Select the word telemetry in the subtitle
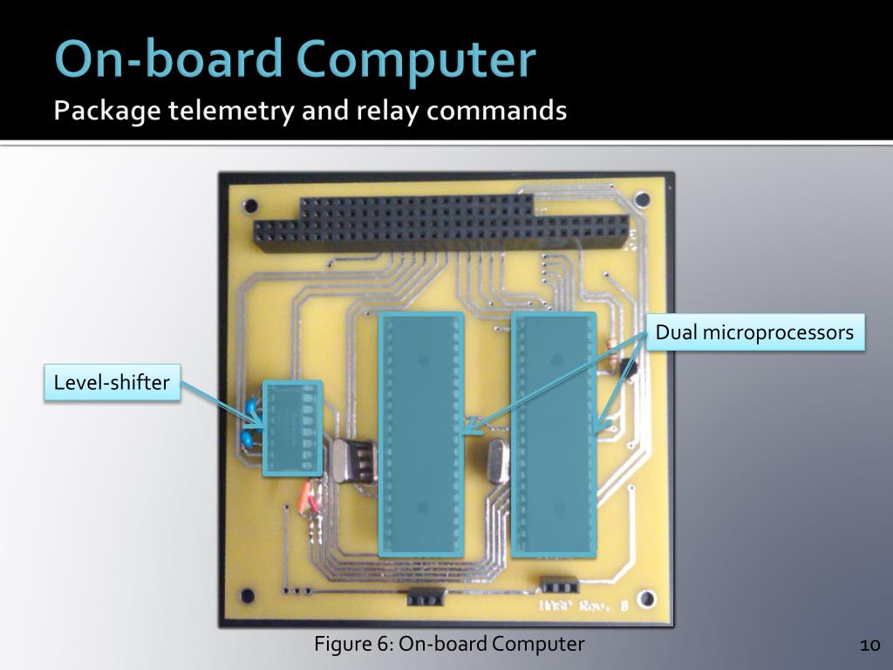coord(222,112)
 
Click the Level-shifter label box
coord(112,382)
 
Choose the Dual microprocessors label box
coord(754,332)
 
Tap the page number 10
coord(869,646)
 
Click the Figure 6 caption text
coord(449,645)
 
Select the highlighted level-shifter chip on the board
coord(293,428)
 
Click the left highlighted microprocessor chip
coord(420,434)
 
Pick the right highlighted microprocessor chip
coord(554,434)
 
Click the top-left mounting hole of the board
coord(250,208)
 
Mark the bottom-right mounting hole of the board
coord(646,599)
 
